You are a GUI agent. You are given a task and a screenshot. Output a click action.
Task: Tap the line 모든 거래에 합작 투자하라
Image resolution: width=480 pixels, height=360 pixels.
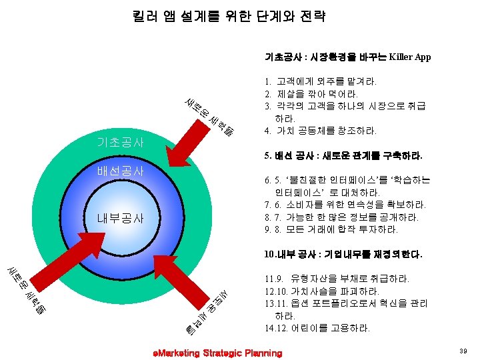pos(340,229)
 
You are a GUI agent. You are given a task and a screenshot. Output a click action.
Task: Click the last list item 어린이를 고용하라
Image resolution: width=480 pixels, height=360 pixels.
pos(327,328)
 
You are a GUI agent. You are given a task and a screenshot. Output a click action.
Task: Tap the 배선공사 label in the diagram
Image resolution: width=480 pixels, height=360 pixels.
pos(120,170)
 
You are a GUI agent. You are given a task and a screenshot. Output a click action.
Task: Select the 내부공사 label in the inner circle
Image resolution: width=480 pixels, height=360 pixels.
pos(120,219)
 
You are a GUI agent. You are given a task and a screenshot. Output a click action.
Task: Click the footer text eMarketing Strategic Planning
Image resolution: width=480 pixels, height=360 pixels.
pos(217,353)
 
